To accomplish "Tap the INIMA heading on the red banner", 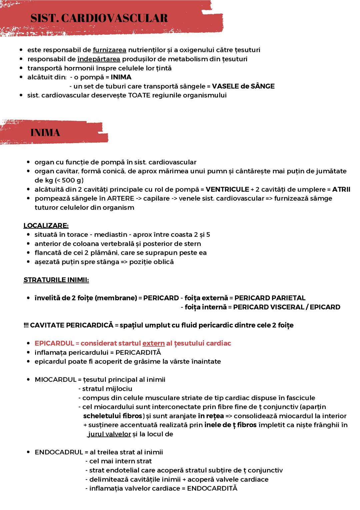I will (45, 133).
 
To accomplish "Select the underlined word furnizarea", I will (109, 50).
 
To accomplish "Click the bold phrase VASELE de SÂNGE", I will (243, 86).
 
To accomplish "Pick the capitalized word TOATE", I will (140, 95).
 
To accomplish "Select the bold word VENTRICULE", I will (227, 189).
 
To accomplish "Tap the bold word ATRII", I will (341, 189).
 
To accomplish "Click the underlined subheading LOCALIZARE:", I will (46, 226).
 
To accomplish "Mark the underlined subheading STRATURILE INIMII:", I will (56, 280).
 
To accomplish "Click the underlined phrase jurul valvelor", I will (109, 434).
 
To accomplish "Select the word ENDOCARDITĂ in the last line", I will (212, 488).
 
